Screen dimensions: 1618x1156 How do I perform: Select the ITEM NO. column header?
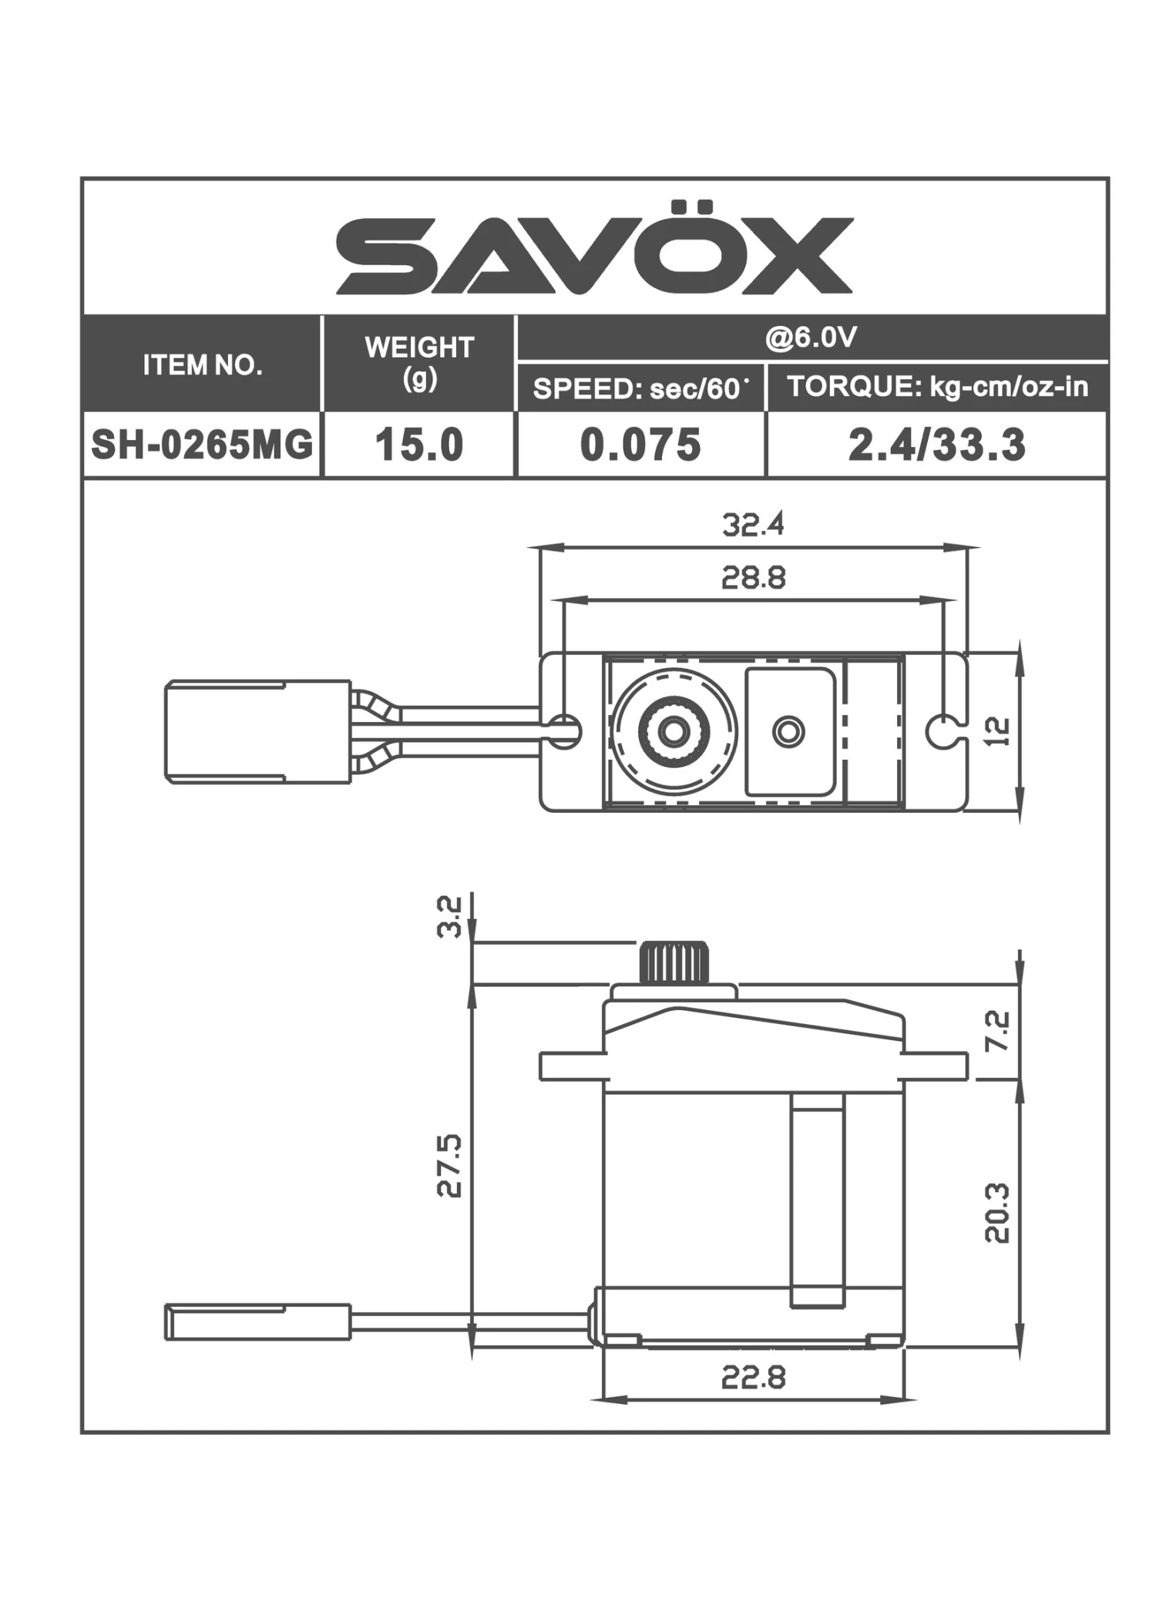click(202, 364)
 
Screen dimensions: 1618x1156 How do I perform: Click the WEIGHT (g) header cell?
click(418, 362)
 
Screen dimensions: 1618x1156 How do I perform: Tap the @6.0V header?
click(811, 337)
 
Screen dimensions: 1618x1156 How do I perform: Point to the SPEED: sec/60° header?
click(640, 388)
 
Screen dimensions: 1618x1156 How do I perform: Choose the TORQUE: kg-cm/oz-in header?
click(937, 386)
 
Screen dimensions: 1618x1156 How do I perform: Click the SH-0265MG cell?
click(202, 445)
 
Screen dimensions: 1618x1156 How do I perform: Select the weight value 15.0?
click(418, 445)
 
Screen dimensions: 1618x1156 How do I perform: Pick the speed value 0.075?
click(640, 445)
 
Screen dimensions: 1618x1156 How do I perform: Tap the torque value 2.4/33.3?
click(937, 445)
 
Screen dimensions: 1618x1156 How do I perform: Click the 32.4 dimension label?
click(753, 525)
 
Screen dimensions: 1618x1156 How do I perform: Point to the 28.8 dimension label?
click(753, 577)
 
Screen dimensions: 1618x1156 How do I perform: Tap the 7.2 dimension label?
click(997, 1031)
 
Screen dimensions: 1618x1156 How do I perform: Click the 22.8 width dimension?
click(753, 1378)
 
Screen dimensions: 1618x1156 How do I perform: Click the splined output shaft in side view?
click(673, 962)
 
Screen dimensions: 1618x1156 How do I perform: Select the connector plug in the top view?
click(257, 731)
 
